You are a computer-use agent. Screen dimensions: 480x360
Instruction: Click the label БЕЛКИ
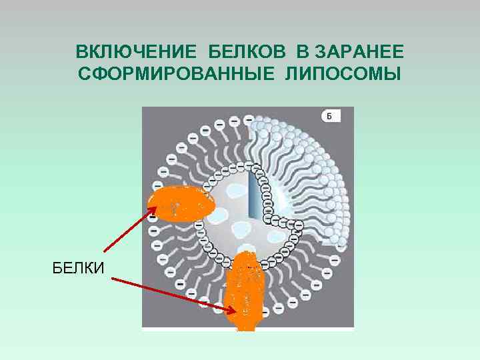pyautogui.click(x=78, y=269)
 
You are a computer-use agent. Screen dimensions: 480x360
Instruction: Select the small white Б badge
pyautogui.click(x=331, y=117)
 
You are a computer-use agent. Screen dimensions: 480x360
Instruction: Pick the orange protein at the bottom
pyautogui.click(x=248, y=290)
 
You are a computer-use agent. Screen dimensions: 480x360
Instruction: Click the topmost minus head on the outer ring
pyautogui.click(x=248, y=119)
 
